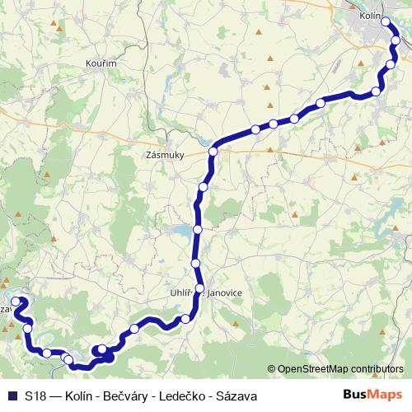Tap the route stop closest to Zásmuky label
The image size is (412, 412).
point(213,151)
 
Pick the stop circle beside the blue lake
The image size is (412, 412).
point(198,229)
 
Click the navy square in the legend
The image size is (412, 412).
point(12,396)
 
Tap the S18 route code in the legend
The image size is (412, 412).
point(35,396)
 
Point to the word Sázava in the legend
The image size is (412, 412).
point(236,396)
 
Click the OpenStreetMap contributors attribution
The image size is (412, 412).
point(339,369)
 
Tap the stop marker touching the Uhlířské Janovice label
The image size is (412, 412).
point(199,288)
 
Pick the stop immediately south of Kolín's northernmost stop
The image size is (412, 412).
point(396,40)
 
